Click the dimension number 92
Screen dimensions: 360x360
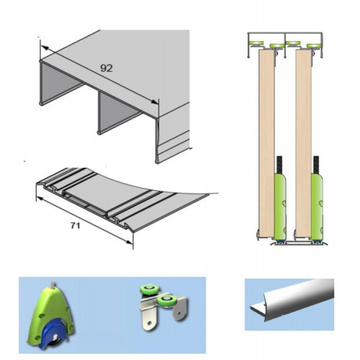(107, 68)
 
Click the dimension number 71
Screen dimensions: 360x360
(75, 225)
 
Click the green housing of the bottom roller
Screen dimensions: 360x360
(49, 312)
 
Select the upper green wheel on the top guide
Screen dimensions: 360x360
(148, 289)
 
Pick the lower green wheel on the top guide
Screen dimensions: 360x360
(166, 300)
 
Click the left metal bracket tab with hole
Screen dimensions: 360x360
(150, 321)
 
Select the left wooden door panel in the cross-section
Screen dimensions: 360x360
(266, 143)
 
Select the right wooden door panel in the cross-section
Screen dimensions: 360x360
(304, 143)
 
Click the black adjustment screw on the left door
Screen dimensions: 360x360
(280, 165)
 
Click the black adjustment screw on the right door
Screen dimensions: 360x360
(317, 165)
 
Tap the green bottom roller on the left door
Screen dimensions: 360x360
(280, 207)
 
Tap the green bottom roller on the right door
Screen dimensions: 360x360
(317, 207)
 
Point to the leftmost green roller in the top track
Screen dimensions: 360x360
(256, 43)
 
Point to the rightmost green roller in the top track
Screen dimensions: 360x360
(314, 45)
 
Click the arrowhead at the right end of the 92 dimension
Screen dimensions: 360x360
(155, 102)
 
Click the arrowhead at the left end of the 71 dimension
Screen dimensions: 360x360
(40, 199)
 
